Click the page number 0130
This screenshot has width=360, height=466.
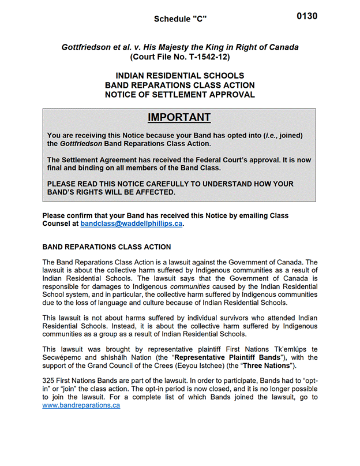(307, 16)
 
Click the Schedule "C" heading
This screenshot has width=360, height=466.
(180, 19)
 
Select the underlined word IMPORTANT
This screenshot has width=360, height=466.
(179, 117)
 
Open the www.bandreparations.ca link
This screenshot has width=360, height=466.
(81, 405)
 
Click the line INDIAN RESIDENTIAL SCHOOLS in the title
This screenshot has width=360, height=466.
(180, 76)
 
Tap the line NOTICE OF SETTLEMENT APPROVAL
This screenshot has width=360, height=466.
(180, 95)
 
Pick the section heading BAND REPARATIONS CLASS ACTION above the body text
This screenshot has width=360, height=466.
(107, 247)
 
